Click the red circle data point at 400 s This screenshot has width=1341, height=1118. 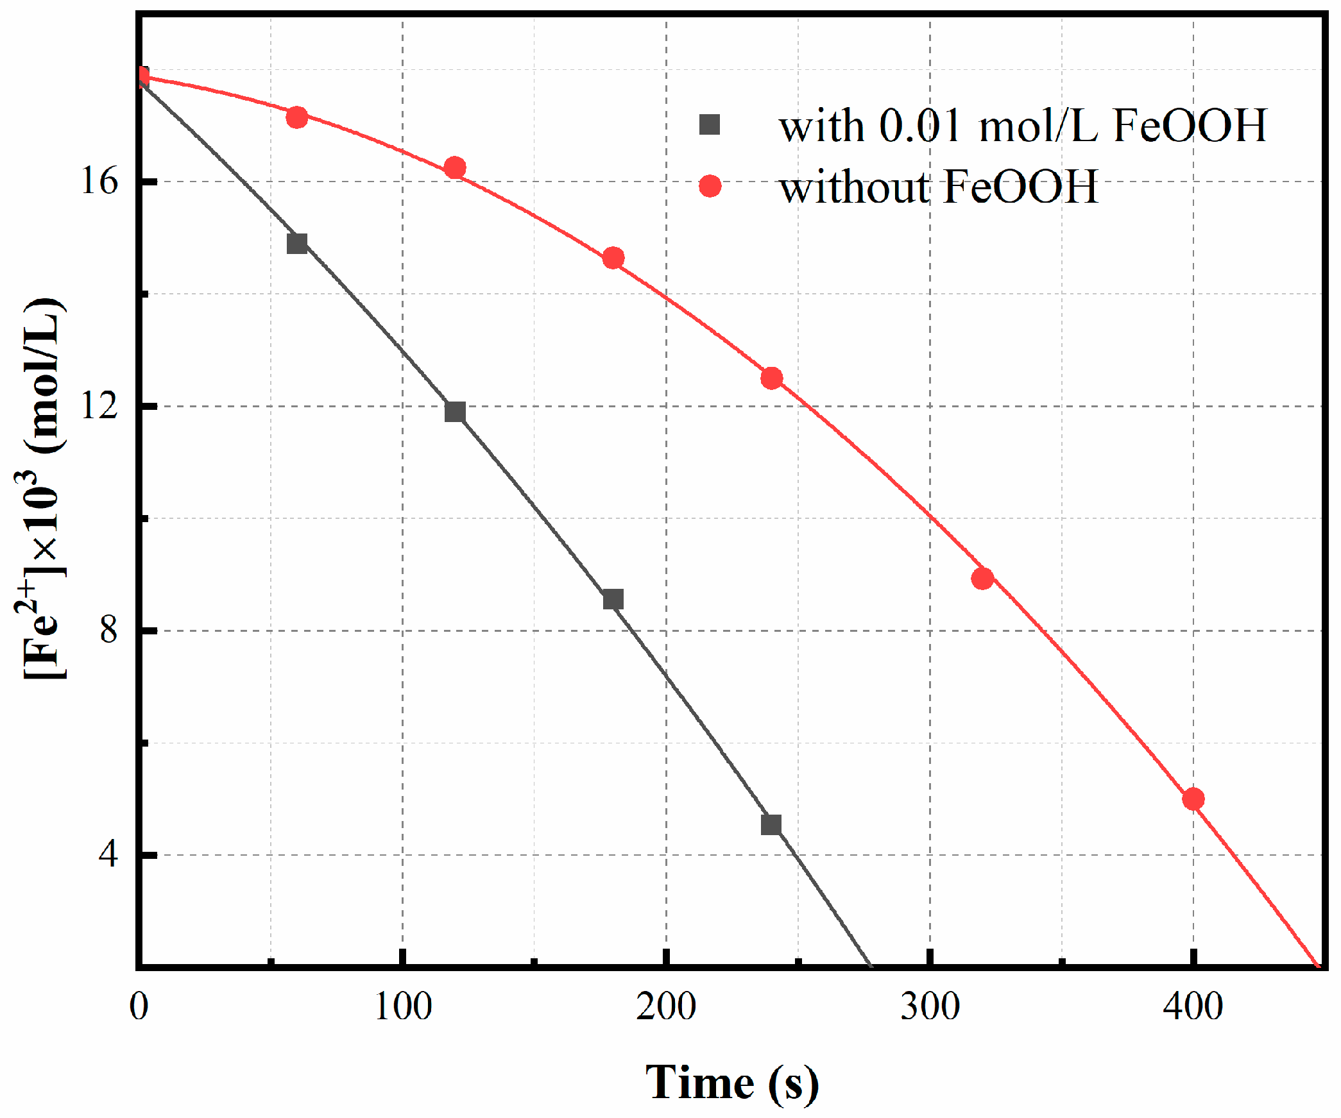(1193, 799)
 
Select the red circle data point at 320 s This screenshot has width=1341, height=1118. (982, 579)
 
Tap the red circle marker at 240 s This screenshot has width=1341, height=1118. (771, 378)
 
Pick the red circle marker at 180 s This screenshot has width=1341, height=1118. (613, 258)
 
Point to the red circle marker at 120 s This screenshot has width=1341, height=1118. (455, 168)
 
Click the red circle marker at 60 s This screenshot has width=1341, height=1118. (296, 117)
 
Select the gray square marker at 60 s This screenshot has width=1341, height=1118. (296, 244)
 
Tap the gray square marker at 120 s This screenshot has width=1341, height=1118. (455, 412)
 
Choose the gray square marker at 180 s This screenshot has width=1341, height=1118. (613, 599)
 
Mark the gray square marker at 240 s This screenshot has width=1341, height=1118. (771, 824)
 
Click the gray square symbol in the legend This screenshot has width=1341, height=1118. (710, 124)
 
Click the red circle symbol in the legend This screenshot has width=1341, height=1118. (710, 186)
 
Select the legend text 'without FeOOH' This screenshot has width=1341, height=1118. (938, 187)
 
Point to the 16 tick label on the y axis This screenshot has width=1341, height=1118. (99, 182)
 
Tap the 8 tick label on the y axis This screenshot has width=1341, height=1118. (109, 630)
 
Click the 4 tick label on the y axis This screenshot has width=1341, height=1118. (109, 854)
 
